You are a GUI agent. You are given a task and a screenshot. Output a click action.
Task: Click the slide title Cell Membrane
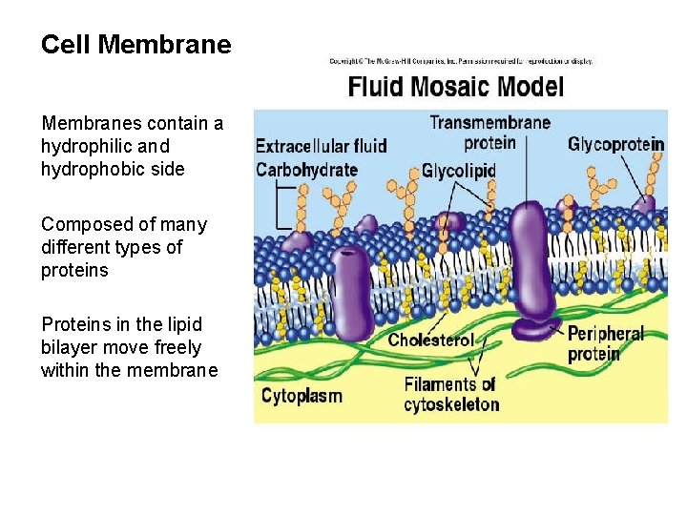click(x=135, y=45)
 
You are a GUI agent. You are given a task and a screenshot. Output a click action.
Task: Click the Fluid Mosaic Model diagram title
click(x=455, y=88)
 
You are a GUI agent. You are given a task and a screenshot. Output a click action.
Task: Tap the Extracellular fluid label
click(x=321, y=146)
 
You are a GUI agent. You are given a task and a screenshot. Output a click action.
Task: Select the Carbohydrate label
click(x=306, y=171)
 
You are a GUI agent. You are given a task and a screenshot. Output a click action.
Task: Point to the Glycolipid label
click(x=459, y=172)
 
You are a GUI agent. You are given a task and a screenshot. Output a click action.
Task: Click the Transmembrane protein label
click(x=489, y=133)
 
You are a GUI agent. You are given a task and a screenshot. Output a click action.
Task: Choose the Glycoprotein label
click(x=615, y=145)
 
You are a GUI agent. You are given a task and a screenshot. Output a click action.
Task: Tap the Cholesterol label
click(x=430, y=340)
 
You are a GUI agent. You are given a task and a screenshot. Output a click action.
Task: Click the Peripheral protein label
click(x=605, y=343)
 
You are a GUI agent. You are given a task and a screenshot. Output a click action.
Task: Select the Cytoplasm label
click(x=302, y=395)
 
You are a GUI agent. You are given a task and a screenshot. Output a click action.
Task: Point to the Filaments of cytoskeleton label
click(x=450, y=395)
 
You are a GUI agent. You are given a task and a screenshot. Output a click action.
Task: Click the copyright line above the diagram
click(x=461, y=61)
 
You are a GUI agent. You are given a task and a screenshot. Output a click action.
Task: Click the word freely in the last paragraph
click(x=177, y=347)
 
